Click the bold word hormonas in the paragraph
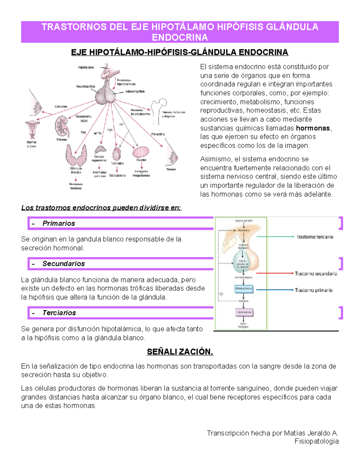point(313,128)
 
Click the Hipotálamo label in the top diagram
point(86,68)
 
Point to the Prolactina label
point(158,134)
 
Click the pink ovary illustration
point(141,152)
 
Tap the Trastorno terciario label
point(315,237)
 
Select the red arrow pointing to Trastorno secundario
point(274,273)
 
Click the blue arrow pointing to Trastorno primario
point(274,290)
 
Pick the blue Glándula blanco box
point(244,289)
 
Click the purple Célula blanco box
point(244,312)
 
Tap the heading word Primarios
point(59,223)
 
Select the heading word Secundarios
point(64,263)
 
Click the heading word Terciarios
point(59,313)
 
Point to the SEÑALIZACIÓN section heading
point(180,352)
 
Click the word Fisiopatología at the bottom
point(316,441)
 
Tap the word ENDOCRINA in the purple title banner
point(180,38)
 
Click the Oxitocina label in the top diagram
point(61,107)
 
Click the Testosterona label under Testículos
point(117,176)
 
